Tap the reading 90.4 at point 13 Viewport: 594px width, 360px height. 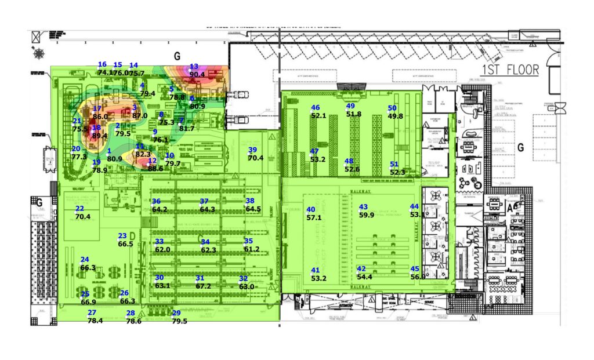197,75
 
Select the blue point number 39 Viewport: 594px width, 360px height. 252,150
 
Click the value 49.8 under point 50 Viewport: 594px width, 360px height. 395,117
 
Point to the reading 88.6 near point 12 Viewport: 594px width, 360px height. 155,169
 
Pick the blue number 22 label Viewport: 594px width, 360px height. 79,209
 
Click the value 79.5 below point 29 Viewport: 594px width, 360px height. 179,321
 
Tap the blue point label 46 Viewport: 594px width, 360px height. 316,108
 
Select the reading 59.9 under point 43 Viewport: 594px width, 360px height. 367,215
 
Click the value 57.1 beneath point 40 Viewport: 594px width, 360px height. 314,218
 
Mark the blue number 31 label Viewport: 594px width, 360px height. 200,278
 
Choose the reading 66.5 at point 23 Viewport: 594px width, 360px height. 125,244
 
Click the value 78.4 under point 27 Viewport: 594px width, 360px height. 95,321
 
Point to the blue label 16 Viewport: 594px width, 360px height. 102,64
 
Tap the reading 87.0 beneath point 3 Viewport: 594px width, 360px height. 140,115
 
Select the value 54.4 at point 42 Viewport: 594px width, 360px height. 364,277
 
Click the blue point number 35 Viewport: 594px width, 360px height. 248,241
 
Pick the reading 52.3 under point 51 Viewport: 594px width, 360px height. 397,172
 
